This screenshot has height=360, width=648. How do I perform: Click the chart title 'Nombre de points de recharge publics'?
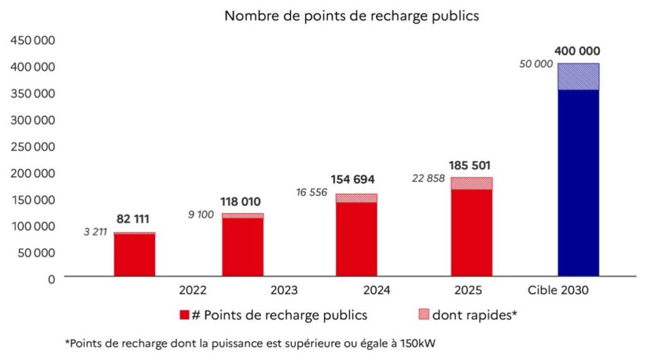pos(352,16)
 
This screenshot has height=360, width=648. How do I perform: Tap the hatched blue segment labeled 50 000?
pos(578,77)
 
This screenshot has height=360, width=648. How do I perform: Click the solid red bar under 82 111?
pos(135,256)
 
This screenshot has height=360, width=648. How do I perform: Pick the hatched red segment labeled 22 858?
pos(471,183)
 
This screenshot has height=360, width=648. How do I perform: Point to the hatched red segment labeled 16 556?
pos(356,198)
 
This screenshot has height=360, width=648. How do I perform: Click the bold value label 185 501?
pos(471,166)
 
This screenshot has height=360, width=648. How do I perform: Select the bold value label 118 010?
pos(242,202)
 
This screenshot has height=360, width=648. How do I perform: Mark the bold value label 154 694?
pos(356,180)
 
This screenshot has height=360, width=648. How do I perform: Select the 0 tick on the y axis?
pos(51,278)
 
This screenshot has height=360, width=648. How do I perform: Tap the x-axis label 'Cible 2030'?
pos(558,291)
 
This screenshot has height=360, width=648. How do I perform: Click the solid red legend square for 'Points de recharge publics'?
pos(185,315)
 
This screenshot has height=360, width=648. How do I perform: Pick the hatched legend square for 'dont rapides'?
pos(424,315)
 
